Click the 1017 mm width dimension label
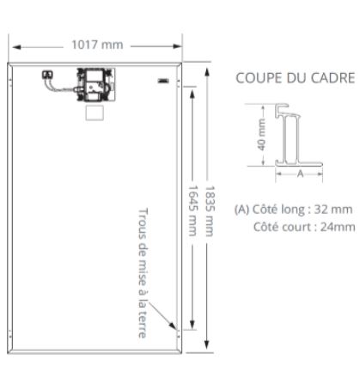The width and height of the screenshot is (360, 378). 97,45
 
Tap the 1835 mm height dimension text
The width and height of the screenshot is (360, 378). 210,211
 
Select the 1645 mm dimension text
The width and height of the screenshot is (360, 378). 192,210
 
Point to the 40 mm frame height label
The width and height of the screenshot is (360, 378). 261,135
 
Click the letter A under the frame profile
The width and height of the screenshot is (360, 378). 300,174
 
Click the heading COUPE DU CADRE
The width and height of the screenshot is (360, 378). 296,78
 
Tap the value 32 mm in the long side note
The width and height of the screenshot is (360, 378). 333,210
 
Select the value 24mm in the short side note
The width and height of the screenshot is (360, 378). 338,227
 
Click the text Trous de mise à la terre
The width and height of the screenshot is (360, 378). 143,273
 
